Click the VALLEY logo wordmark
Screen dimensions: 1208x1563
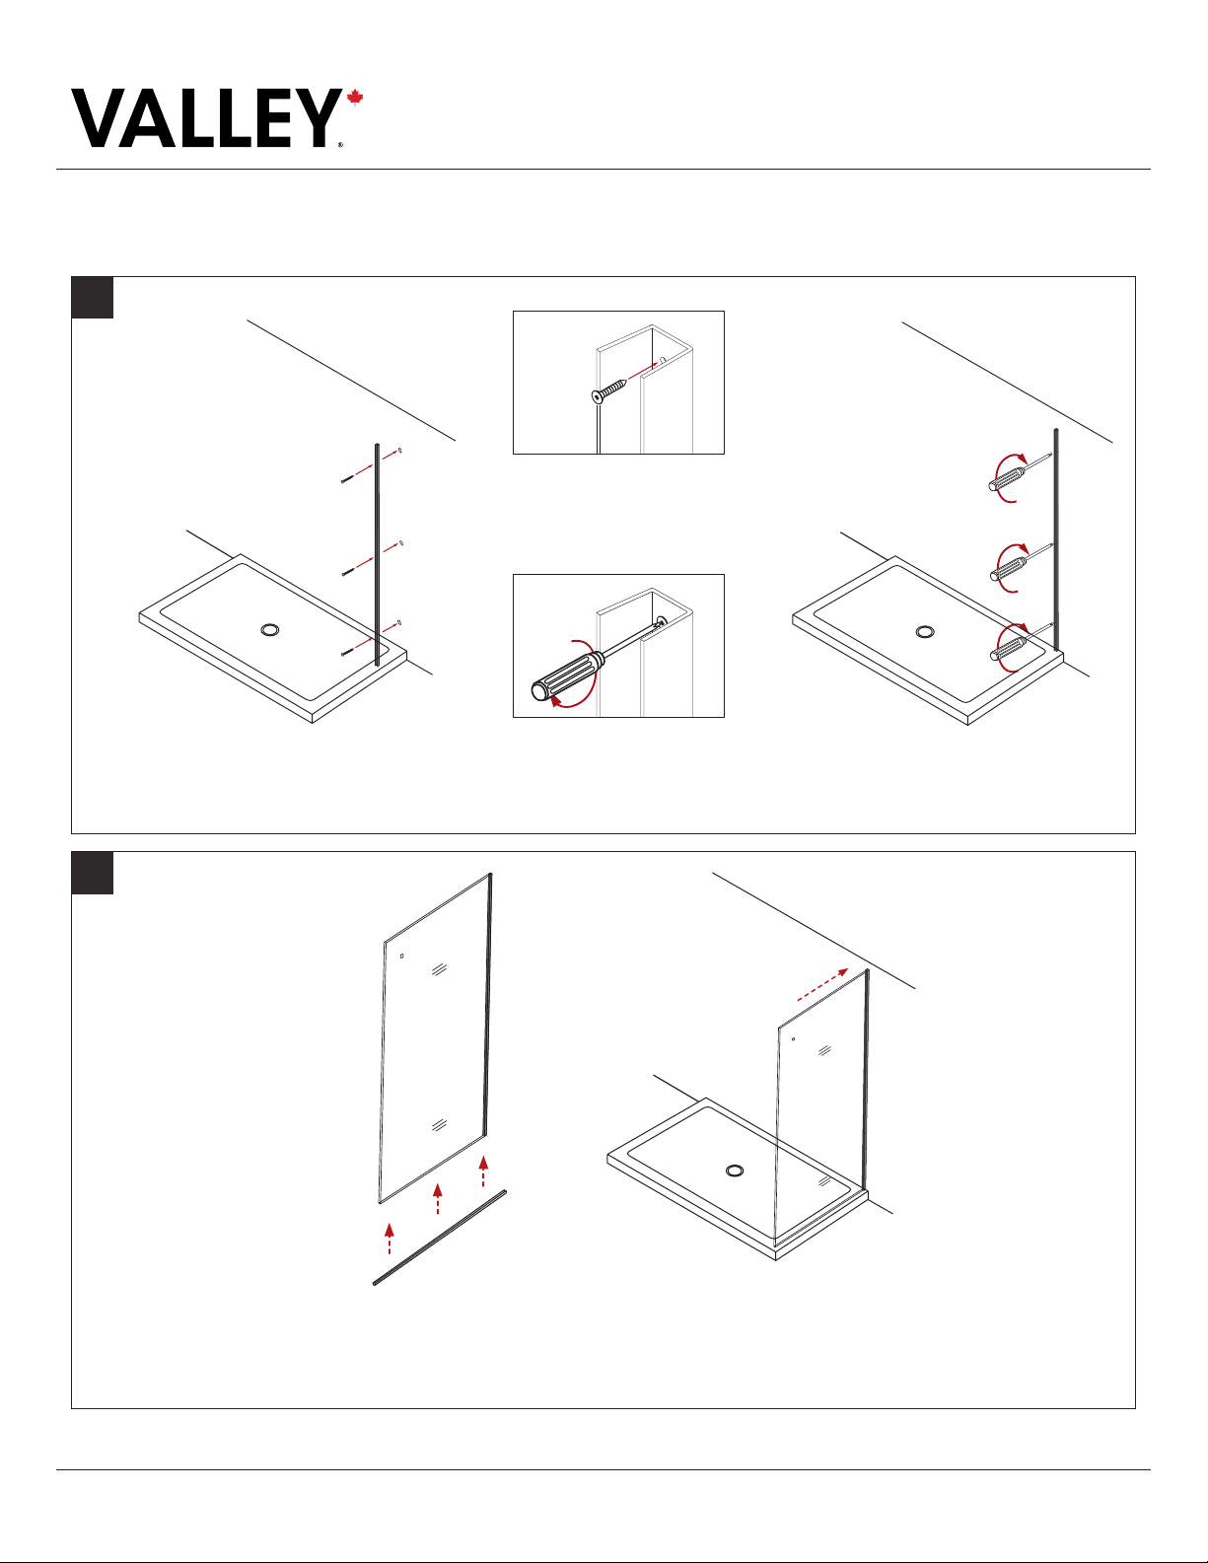tap(206, 118)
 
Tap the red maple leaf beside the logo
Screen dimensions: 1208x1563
tap(355, 98)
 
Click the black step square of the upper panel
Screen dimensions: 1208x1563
tap(92, 297)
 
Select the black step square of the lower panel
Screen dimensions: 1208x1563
tap(92, 873)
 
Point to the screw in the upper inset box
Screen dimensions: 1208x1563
tap(609, 391)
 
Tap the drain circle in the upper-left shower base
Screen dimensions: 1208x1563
tap(269, 630)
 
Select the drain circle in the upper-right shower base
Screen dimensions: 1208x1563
tap(925, 632)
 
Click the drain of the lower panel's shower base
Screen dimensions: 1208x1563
tap(734, 1171)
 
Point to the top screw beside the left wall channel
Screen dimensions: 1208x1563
tap(347, 479)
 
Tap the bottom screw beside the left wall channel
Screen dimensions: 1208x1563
tap(347, 652)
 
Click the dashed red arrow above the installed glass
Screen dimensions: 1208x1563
tap(822, 985)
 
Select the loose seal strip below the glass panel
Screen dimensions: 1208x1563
tap(440, 1238)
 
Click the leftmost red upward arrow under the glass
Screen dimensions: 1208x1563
tap(389, 1239)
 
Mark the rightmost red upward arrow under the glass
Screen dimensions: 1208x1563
tap(483, 1171)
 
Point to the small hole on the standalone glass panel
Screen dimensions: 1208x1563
tap(401, 956)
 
